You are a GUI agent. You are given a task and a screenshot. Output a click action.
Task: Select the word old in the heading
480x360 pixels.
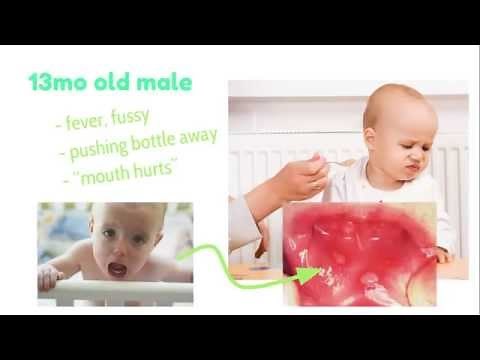tap(113, 83)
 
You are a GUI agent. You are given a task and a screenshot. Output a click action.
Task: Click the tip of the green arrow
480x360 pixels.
tap(317, 270)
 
